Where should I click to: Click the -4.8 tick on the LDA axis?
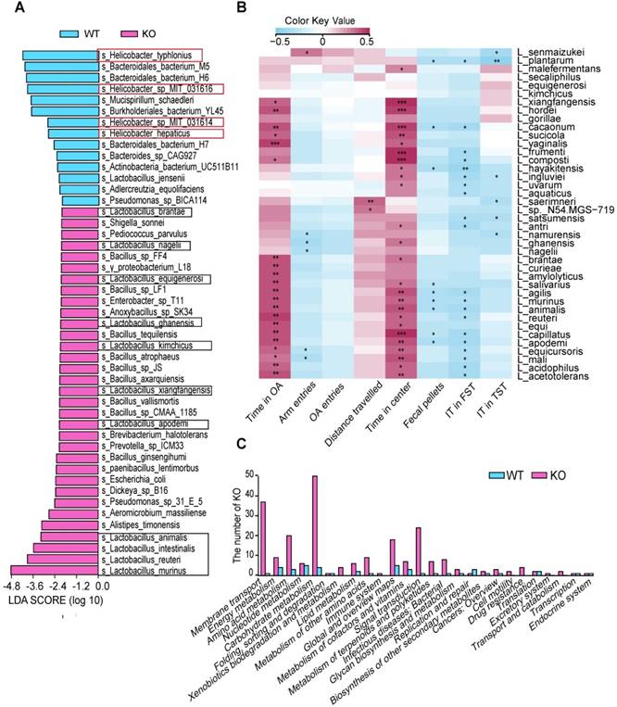click(12, 587)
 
